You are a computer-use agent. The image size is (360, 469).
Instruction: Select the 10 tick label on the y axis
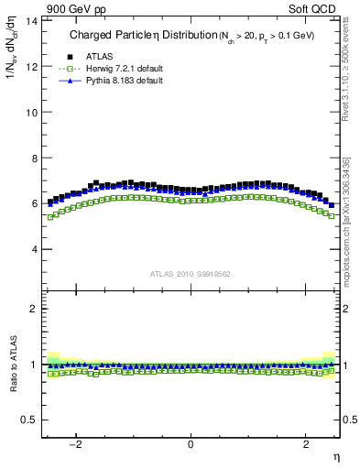click(x=30, y=112)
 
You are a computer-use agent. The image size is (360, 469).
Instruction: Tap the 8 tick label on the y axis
click(x=33, y=158)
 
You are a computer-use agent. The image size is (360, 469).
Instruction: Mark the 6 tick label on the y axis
click(x=33, y=203)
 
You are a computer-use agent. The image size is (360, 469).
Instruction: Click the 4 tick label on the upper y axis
click(x=33, y=249)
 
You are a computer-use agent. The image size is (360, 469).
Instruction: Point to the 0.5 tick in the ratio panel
click(x=28, y=420)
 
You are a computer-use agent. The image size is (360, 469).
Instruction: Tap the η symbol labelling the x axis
click(x=336, y=456)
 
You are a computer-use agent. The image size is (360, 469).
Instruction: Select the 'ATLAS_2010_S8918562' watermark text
click(x=191, y=274)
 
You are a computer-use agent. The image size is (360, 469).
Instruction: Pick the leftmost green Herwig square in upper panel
click(x=50, y=217)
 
